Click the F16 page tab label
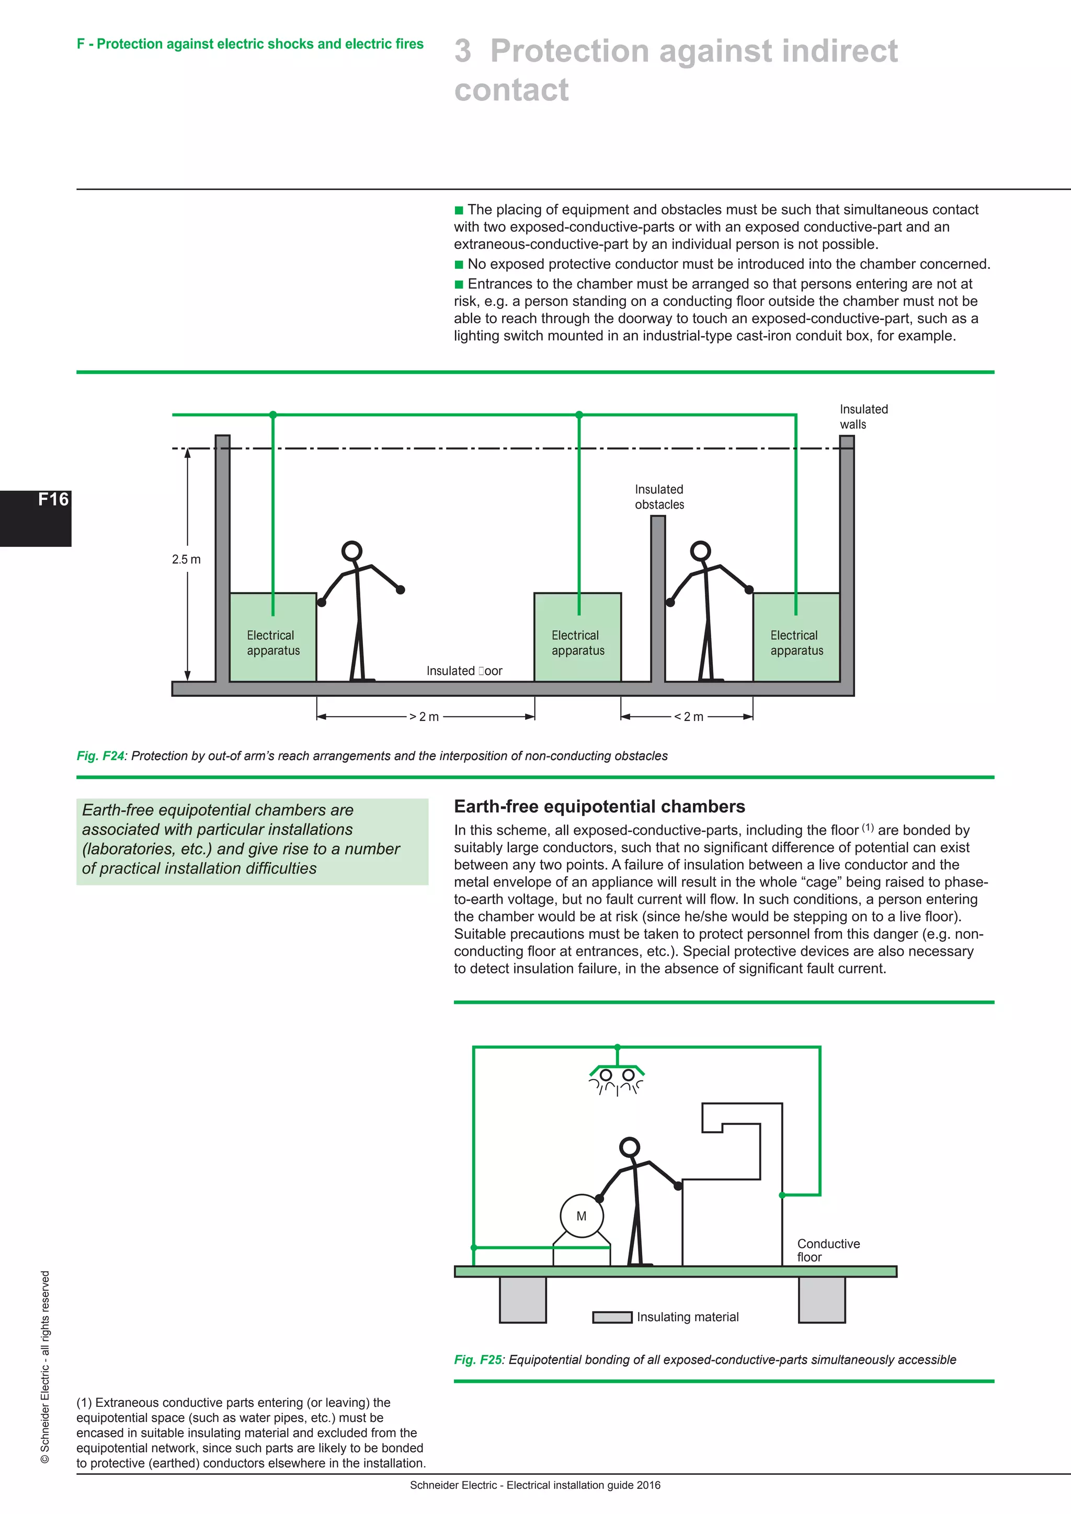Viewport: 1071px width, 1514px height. pos(52,500)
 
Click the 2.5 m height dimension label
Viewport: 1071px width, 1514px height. pos(186,559)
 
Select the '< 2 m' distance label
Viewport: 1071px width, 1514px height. pos(689,717)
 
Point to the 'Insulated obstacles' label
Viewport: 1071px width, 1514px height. pos(659,497)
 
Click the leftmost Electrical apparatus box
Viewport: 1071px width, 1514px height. pos(273,637)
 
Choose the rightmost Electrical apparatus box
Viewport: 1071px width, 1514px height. pos(796,637)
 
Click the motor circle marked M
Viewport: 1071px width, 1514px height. pos(581,1216)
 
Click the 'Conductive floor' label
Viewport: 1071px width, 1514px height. pos(828,1250)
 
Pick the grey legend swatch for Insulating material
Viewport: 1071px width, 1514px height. pos(612,1317)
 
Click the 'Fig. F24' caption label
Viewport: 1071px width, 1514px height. pos(100,755)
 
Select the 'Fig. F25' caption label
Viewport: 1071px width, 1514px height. pos(477,1360)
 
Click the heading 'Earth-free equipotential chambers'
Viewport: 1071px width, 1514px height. pos(599,807)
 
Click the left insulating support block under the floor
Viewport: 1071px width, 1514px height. pos(522,1300)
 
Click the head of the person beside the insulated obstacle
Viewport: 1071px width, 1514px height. pos(700,550)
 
